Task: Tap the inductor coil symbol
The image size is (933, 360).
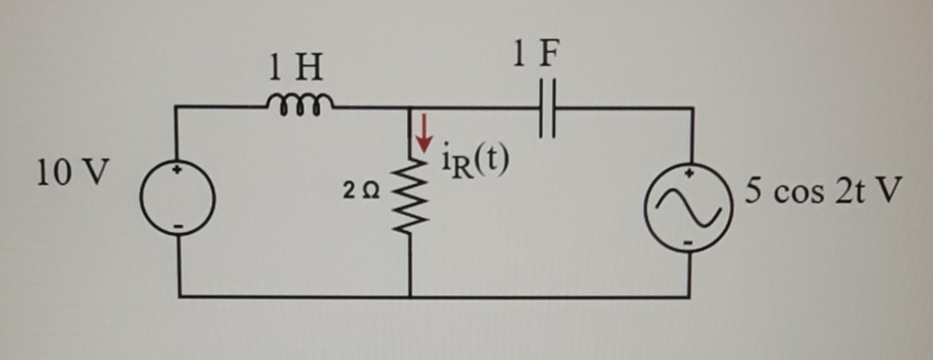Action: (300, 103)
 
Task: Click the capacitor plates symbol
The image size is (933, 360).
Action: (547, 108)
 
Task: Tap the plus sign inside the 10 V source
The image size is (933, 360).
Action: (177, 170)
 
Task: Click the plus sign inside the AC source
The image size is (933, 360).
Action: (689, 175)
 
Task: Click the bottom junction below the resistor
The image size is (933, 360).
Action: (410, 296)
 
